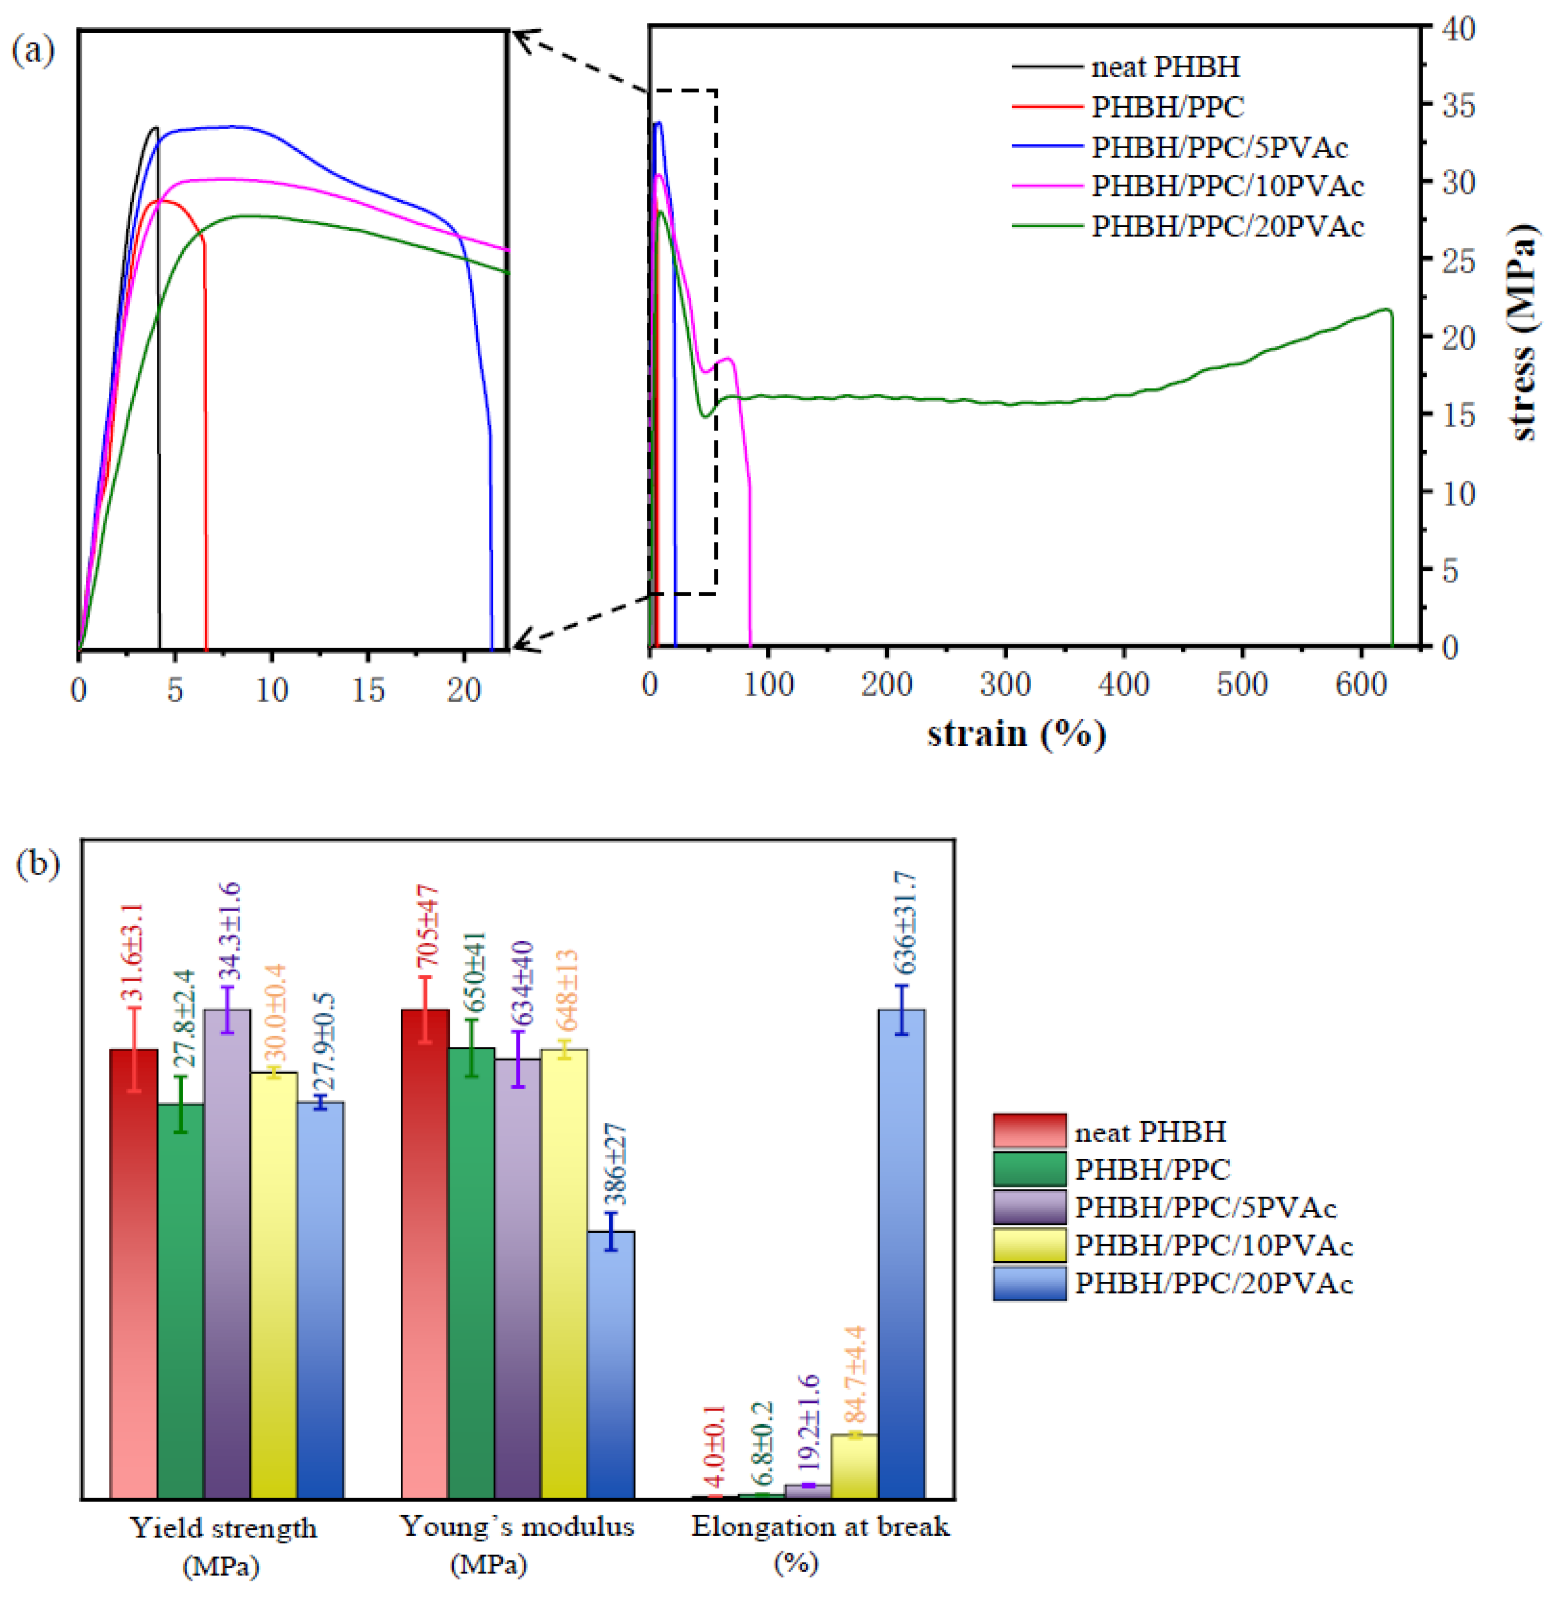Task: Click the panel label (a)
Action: pyautogui.click(x=33, y=51)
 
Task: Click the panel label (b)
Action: pyautogui.click(x=38, y=865)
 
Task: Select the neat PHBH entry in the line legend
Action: pyautogui.click(x=1165, y=67)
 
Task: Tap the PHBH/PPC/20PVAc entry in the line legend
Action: pyautogui.click(x=1227, y=226)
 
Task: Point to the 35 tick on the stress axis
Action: pyautogui.click(x=1459, y=106)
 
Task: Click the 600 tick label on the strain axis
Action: pyautogui.click(x=1361, y=685)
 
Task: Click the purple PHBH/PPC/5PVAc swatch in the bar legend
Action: pyautogui.click(x=1029, y=1207)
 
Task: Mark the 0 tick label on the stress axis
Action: pyautogui.click(x=1450, y=648)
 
